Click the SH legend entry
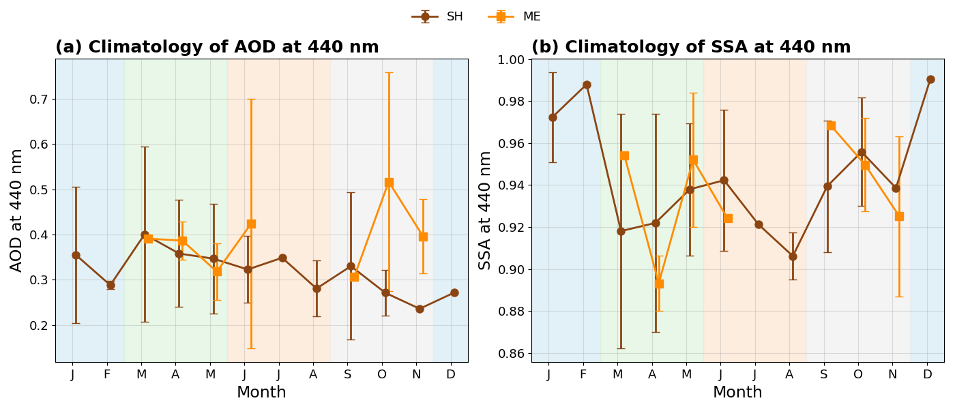click(437, 16)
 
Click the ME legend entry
click(514, 16)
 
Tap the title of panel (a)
click(217, 46)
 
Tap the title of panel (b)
click(691, 46)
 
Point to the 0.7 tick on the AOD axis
click(38, 100)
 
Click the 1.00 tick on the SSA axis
click(511, 60)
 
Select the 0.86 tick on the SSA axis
click(511, 353)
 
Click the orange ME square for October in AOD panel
click(389, 183)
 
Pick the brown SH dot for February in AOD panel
click(111, 285)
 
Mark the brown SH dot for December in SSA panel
click(930, 80)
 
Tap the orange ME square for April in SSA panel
click(659, 284)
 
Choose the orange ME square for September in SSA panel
click(831, 125)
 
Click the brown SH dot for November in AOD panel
click(420, 309)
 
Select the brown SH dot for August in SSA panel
click(793, 256)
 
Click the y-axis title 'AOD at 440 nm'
click(16, 211)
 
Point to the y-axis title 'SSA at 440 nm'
click(484, 211)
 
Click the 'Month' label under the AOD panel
click(261, 392)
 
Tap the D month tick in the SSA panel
click(927, 374)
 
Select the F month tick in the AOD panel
click(107, 374)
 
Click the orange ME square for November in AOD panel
click(423, 237)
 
